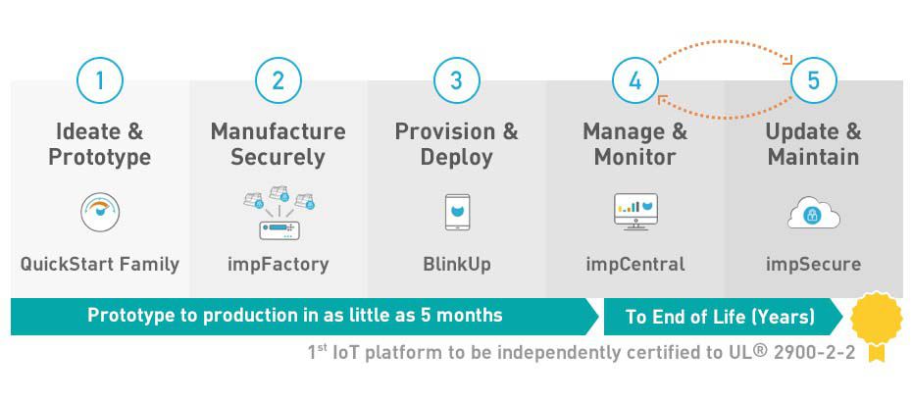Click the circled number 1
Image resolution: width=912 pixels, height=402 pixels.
tap(99, 80)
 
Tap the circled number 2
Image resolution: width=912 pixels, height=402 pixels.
tap(278, 80)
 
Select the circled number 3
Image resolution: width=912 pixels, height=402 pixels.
tap(456, 80)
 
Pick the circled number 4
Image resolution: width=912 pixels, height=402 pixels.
tap(634, 80)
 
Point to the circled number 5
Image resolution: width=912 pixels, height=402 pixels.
tap(813, 80)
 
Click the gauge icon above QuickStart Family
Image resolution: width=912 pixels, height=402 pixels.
tap(99, 213)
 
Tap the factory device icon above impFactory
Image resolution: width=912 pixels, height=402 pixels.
tap(279, 214)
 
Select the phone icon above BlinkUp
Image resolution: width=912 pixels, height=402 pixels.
tap(456, 213)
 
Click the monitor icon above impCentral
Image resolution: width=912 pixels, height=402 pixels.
tap(634, 212)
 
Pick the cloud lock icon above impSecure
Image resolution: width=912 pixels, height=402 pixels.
tap(813, 214)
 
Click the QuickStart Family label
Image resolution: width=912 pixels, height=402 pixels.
tap(100, 264)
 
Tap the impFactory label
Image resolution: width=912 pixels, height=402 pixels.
tap(279, 264)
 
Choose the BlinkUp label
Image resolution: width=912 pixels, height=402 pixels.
tap(456, 264)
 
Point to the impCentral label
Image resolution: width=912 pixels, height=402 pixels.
tap(634, 264)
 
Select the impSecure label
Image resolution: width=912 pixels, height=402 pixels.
tap(813, 264)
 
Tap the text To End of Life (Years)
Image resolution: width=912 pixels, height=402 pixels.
tap(720, 317)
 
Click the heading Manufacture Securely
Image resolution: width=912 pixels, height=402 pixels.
tap(279, 144)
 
